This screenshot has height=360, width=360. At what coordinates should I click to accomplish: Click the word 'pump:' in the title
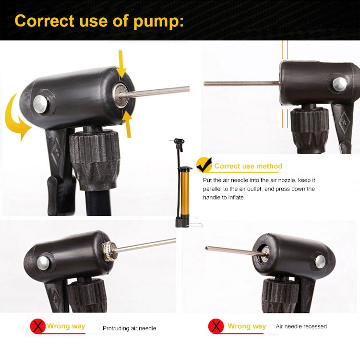click(158, 21)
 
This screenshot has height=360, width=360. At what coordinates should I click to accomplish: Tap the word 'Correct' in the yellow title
click(44, 21)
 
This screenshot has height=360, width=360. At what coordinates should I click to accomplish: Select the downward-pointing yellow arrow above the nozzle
click(121, 64)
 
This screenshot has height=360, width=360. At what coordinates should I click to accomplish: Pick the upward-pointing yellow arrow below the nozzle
click(128, 124)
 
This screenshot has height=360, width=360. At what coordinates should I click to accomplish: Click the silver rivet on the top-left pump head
click(40, 104)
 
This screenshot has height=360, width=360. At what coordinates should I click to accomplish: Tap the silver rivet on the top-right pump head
click(339, 84)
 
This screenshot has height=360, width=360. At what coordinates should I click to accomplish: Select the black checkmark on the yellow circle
click(204, 165)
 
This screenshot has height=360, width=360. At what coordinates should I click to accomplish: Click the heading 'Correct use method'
click(248, 166)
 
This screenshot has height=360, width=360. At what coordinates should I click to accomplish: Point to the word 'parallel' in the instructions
click(212, 189)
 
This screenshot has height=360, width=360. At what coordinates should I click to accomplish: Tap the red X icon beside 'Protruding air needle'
click(37, 326)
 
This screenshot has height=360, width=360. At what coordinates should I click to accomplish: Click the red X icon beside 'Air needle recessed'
click(216, 326)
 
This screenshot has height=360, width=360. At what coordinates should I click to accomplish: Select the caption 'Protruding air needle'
click(129, 328)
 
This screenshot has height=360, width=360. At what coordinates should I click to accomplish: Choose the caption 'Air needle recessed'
click(301, 326)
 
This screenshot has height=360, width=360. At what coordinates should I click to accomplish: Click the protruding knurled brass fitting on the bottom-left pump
click(109, 252)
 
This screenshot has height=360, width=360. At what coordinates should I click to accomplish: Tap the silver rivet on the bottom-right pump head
click(320, 262)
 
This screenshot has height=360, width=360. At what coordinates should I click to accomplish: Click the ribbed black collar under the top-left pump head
click(95, 159)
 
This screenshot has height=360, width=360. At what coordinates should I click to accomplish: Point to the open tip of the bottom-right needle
click(206, 248)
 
